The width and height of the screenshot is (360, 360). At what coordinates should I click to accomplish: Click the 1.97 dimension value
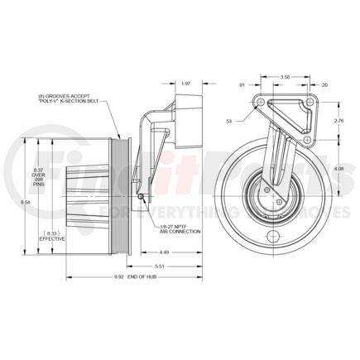pyautogui.click(x=185, y=83)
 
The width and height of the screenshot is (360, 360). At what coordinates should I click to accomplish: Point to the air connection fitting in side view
pyautogui.click(x=142, y=195)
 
